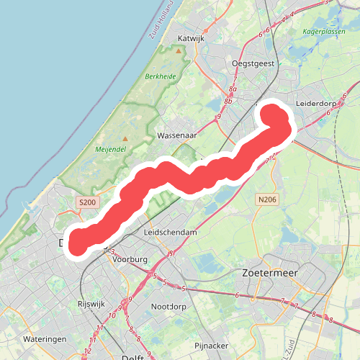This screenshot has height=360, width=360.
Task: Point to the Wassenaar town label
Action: coord(178,135)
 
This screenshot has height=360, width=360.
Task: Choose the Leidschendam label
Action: coord(170,233)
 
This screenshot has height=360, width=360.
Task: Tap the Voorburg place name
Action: coord(130,258)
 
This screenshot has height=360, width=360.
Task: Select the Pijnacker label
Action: coord(212,346)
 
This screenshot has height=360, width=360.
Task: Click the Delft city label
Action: coord(132,357)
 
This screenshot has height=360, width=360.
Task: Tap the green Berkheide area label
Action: coord(161,76)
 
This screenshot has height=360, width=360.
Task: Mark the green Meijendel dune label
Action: coord(109,150)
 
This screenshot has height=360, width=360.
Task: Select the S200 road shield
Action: coord(86,204)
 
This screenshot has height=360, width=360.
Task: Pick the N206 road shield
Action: coord(266,199)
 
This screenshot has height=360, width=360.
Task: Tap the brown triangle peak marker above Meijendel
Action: coord(125,138)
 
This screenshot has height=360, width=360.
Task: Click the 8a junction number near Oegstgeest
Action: coord(233,89)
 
